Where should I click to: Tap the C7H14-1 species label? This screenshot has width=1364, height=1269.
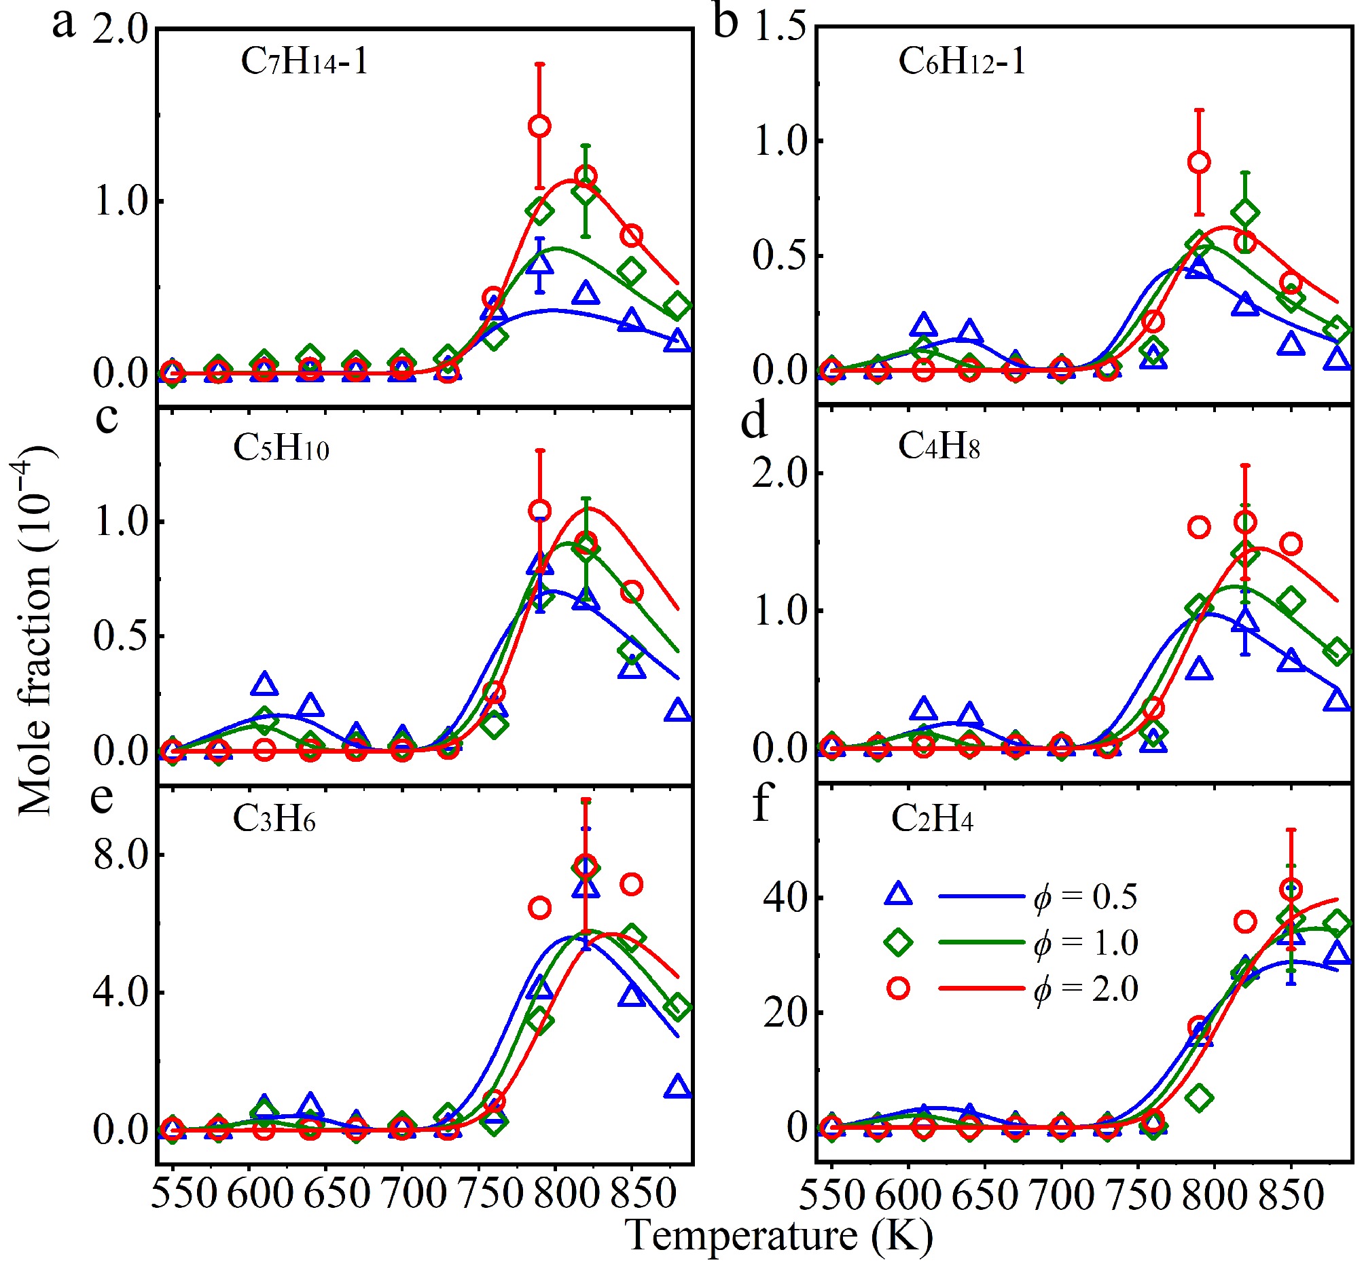click(x=304, y=62)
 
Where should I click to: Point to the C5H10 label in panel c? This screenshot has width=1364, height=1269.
click(x=281, y=449)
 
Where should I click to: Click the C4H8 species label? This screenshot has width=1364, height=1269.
click(x=939, y=447)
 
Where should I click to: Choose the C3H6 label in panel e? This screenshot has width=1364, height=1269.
click(x=274, y=818)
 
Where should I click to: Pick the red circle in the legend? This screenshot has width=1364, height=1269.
click(x=899, y=989)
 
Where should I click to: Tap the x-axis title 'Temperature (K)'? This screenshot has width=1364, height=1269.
click(x=779, y=1235)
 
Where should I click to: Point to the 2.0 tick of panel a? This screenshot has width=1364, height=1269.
click(x=121, y=31)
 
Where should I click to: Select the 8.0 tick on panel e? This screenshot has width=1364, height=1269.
click(x=121, y=856)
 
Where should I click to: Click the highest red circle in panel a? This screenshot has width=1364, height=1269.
click(x=539, y=126)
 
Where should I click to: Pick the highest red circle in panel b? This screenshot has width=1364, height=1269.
click(x=1199, y=162)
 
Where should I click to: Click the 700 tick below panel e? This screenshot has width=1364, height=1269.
click(x=403, y=1193)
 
